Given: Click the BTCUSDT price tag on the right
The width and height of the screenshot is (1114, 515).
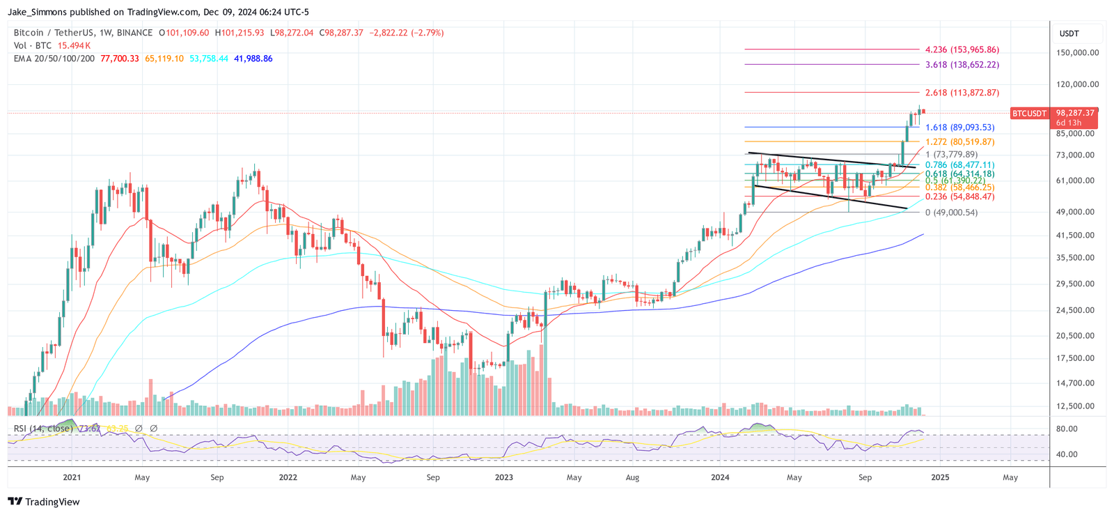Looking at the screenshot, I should click(1029, 113).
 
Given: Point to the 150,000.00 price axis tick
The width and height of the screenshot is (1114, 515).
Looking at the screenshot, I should click(1077, 53).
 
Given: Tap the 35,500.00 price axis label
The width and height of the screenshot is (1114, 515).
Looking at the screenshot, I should click(1075, 258).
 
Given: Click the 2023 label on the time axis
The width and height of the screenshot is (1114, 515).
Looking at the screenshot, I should click(503, 478).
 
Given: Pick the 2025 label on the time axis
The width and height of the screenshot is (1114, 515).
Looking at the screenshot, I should click(940, 478).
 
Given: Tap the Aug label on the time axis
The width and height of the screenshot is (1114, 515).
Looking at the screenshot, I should click(632, 478).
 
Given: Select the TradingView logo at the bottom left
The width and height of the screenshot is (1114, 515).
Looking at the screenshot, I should click(44, 502).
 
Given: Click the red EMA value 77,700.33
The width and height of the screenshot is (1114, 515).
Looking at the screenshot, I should click(120, 59).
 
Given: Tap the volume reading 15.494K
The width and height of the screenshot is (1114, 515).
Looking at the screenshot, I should click(74, 45).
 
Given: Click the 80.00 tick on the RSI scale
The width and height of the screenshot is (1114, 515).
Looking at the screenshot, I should click(1067, 429).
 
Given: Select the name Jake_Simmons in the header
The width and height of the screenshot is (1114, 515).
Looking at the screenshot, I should click(39, 12).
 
